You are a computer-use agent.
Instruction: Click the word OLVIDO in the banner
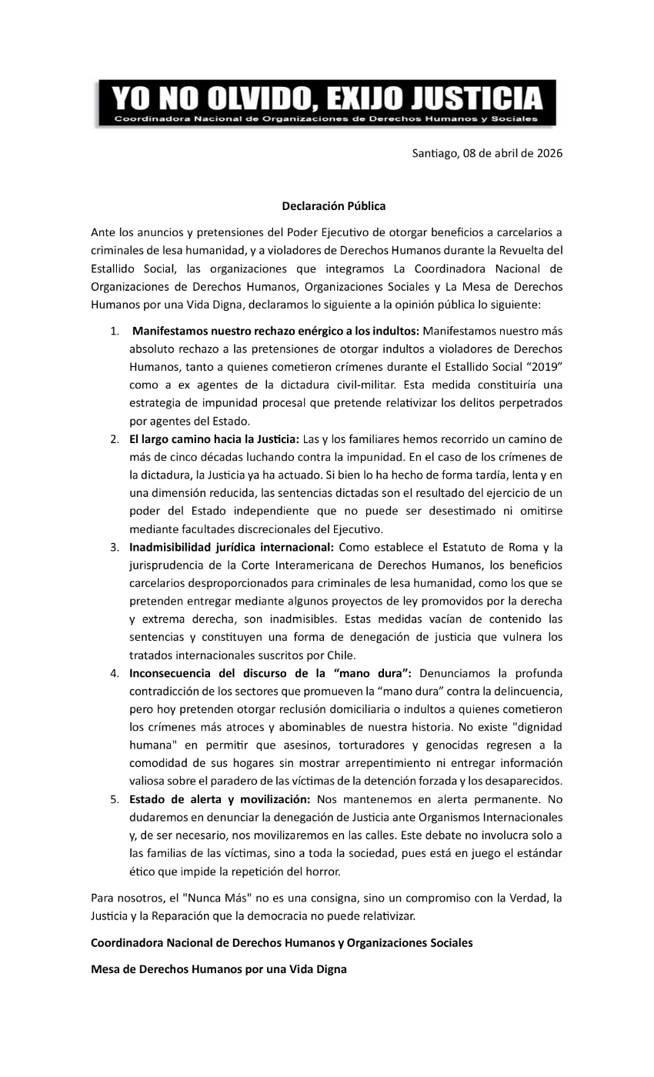(x=253, y=100)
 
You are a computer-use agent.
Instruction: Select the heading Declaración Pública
(x=333, y=206)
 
